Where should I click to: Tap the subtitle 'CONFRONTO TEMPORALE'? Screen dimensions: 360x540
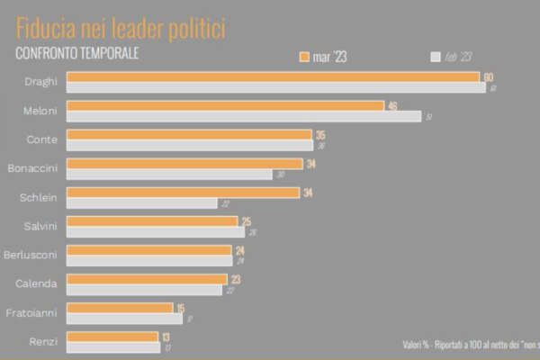click(77, 53)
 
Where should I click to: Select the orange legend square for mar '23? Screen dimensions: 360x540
click(305, 57)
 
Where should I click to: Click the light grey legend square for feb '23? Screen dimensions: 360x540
click(436, 57)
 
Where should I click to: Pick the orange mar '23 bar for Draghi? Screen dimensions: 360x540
click(273, 77)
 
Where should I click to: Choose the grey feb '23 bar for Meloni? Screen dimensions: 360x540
click(244, 117)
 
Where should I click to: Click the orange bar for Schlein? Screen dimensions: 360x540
click(183, 192)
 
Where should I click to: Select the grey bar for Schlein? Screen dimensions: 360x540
click(142, 202)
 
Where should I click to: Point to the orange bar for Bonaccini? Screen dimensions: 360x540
click(184, 163)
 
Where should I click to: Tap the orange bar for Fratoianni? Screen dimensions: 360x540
click(120, 308)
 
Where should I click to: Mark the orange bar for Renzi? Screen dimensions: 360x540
click(112, 337)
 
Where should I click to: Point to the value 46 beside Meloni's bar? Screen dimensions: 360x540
click(392, 106)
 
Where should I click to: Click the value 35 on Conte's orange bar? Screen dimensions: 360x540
click(320, 135)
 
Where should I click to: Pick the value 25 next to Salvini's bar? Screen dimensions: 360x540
click(246, 221)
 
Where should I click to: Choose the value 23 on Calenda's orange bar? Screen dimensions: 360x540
click(235, 279)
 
